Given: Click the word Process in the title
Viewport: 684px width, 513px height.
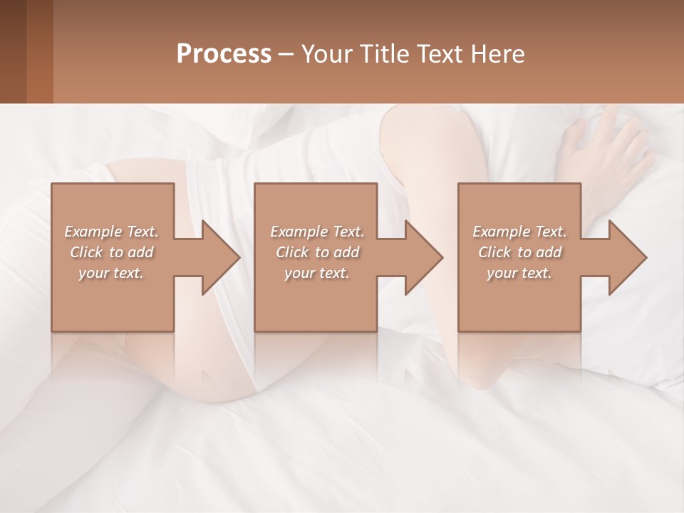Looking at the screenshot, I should pos(224,54).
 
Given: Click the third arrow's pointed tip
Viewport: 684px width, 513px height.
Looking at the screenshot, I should pos(646,257).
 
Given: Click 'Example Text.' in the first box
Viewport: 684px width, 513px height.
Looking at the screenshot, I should pos(111,232).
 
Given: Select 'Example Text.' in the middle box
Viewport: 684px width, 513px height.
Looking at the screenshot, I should pos(317,232).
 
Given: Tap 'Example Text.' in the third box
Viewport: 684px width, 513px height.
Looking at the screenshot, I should pos(519,232).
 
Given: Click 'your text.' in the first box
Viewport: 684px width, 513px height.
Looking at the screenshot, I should pos(111,273).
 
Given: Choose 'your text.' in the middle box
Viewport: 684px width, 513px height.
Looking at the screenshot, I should pos(317,273).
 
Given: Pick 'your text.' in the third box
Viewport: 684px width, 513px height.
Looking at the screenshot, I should pos(519,273).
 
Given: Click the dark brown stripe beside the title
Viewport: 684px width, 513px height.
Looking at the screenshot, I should pos(13,51).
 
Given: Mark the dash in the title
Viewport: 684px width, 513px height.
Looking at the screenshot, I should pos(286,55).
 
